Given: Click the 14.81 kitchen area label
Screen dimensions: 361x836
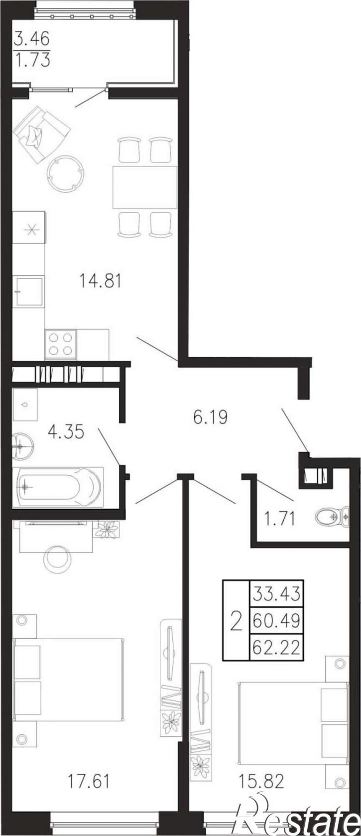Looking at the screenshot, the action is [100, 280].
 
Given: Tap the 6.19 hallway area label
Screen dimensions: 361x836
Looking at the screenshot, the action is [210, 417].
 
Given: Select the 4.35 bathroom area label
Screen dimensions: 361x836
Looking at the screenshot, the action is [66, 432].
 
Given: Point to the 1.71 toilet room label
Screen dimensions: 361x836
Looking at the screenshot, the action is [280, 519].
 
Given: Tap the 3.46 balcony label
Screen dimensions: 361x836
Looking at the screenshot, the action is [32, 38].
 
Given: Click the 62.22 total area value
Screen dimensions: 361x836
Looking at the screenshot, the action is [276, 759].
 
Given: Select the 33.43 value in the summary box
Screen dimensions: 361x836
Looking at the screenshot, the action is [276, 705].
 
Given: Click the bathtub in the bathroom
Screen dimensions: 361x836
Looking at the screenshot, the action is [58, 487].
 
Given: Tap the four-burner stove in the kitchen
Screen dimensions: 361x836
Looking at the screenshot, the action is [60, 344].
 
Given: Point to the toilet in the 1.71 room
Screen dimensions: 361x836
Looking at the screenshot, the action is [332, 517].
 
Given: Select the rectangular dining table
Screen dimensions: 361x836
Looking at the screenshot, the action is [145, 187].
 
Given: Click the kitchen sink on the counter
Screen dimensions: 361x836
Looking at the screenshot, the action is [28, 292].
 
